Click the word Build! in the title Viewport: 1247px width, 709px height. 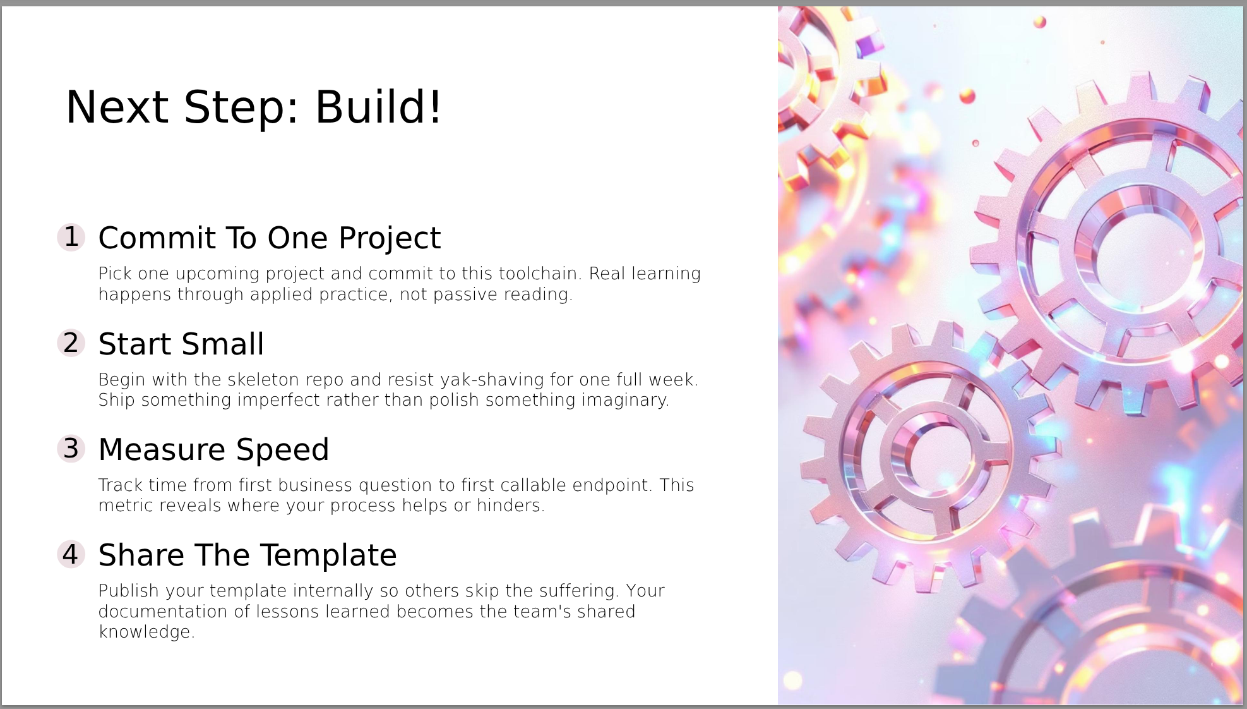[x=378, y=107]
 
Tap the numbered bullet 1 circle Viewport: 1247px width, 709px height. [x=71, y=237]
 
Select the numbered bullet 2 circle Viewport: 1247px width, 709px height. [x=71, y=343]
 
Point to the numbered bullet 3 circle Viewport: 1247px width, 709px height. [x=71, y=449]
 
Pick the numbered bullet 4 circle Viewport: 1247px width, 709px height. [x=71, y=554]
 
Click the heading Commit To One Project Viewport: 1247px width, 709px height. [x=270, y=239]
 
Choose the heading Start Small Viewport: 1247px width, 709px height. [x=181, y=344]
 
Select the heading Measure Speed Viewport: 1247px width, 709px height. [x=214, y=451]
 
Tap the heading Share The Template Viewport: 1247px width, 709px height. [x=248, y=556]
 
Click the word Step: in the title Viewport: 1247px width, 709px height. [x=241, y=108]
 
